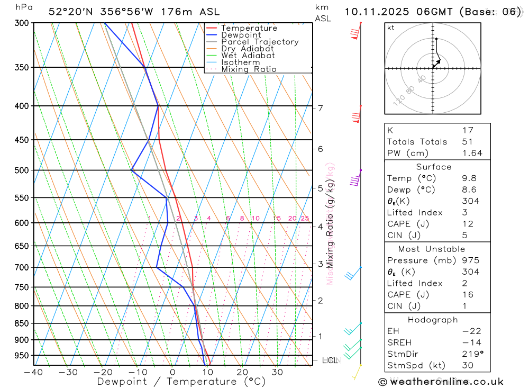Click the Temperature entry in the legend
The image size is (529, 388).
[x=249, y=28]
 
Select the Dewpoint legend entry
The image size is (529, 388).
[x=241, y=35]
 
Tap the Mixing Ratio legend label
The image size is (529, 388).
[x=249, y=69]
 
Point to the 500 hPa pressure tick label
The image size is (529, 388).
[x=22, y=170]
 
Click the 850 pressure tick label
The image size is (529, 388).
[x=22, y=323]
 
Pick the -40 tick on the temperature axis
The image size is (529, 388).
[x=33, y=372]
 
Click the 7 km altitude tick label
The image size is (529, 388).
[x=320, y=109]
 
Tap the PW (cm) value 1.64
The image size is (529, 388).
[x=472, y=153]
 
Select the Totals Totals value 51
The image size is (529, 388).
[x=467, y=141]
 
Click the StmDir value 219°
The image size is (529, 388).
[x=471, y=354]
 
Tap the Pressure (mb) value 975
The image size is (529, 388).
[x=470, y=260]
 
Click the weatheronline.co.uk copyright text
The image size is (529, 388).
[x=441, y=381]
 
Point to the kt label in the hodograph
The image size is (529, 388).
[x=390, y=28]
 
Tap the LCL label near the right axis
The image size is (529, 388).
[x=330, y=360]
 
